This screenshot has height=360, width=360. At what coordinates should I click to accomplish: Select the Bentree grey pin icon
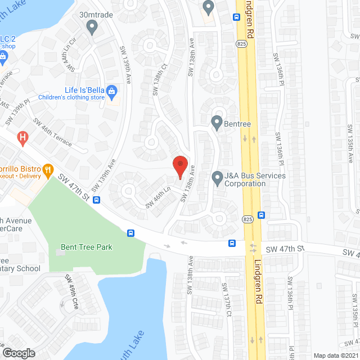tap(217, 122)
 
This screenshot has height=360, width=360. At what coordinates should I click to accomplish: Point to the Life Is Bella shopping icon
tap(112, 91)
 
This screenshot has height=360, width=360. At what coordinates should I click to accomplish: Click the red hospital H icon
tap(22, 137)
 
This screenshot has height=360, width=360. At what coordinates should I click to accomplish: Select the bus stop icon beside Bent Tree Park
tap(130, 233)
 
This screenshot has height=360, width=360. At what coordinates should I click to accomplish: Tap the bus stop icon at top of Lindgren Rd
tap(235, 16)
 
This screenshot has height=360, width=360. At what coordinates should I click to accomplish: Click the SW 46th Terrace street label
tap(52, 133)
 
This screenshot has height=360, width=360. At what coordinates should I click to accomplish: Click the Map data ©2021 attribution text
tap(336, 355)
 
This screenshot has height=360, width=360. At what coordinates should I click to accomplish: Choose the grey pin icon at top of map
tap(209, 7)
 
